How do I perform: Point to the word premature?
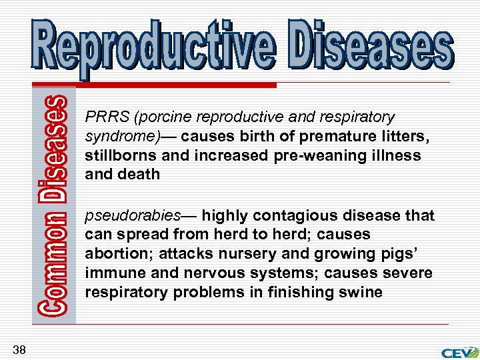click(x=333, y=137)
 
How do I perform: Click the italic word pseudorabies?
click(x=133, y=216)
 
